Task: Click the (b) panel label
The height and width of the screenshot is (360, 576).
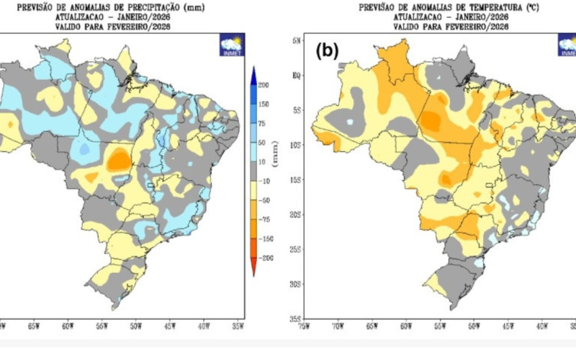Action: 328,51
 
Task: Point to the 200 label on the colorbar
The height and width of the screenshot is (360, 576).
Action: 263,86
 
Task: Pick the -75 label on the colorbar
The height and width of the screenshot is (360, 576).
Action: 263,219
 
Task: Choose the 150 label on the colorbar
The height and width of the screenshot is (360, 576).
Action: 263,104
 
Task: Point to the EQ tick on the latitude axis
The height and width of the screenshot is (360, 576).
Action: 296,75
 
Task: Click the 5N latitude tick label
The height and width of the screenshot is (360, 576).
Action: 296,40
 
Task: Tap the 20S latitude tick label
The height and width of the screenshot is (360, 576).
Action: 295,215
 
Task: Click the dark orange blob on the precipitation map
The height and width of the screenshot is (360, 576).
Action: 117,160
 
